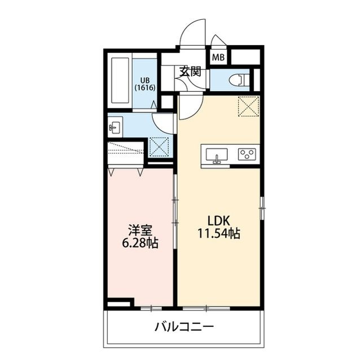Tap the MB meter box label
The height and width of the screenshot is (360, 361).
tap(218, 57)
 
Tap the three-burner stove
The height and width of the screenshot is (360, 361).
tap(247, 154)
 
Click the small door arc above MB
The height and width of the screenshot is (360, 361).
tap(217, 42)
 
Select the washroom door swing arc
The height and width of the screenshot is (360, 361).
tap(164, 122)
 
